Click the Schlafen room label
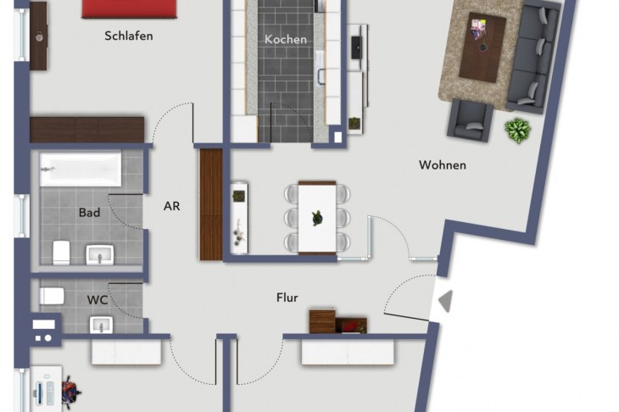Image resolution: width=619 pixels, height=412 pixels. coord(129,36)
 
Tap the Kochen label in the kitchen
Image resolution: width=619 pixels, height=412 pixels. coord(286,39)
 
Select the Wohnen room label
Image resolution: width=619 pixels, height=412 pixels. coord(442,165)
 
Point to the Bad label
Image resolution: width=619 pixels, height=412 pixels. coord(89,212)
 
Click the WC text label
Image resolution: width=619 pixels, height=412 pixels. coord(98,299)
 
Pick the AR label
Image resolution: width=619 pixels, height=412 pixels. coord(172,205)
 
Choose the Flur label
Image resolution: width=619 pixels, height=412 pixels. coord(287,298)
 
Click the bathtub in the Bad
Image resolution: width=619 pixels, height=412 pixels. coord(80,169)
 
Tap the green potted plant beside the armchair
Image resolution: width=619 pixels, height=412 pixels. coord(517,131)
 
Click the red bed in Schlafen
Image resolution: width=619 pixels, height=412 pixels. coord(130,8)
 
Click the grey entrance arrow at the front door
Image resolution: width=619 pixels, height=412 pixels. coord(443,300)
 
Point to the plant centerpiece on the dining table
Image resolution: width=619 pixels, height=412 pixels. coord(317,217)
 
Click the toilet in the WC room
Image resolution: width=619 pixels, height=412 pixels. coord(52,296)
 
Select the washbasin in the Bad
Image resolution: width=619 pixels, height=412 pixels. coord(100,253)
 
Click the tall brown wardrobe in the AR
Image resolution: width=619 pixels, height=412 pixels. coord(210,204)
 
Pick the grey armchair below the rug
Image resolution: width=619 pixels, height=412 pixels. coord(470,120)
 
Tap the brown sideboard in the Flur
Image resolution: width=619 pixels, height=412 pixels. coord(337,321)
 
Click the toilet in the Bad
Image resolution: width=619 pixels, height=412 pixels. coord(61,251)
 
